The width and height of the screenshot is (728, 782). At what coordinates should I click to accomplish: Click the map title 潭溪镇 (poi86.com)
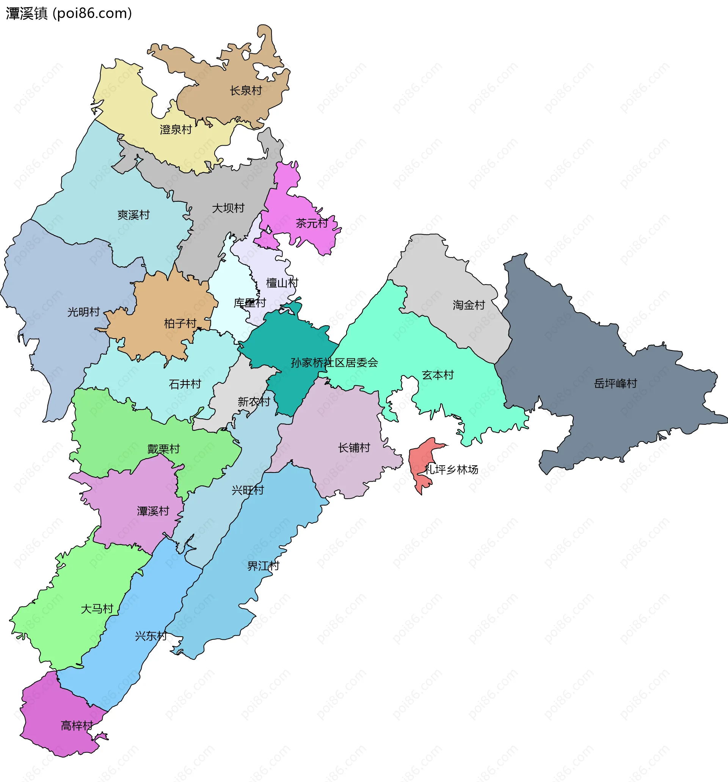(x=69, y=13)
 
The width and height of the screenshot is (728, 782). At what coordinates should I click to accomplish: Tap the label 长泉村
(x=246, y=91)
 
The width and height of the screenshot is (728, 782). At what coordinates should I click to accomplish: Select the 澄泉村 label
(x=176, y=129)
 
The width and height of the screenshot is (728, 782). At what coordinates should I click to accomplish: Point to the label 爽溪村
(x=134, y=215)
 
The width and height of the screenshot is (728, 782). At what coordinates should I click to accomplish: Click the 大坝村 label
(x=228, y=208)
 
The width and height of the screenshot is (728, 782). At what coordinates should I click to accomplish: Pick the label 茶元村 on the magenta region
(x=312, y=223)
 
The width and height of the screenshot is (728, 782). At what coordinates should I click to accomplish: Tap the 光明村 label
(x=83, y=312)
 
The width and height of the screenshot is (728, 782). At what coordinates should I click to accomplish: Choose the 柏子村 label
(x=180, y=323)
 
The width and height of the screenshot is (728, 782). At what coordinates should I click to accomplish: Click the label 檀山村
(x=282, y=283)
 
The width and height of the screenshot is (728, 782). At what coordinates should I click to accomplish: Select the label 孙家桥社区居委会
(x=334, y=363)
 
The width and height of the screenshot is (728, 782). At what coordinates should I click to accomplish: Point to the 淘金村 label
(x=469, y=305)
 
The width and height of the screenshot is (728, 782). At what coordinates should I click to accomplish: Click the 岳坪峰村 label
(x=615, y=383)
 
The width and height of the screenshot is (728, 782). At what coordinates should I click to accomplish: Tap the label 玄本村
(x=438, y=375)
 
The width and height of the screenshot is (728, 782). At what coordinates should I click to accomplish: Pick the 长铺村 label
(x=354, y=448)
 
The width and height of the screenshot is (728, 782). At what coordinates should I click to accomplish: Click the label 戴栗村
(x=164, y=449)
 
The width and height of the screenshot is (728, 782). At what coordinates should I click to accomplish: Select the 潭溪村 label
(x=153, y=511)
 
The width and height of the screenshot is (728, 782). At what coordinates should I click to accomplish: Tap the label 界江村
(x=263, y=566)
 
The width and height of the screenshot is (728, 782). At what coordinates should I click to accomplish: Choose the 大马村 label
(x=97, y=609)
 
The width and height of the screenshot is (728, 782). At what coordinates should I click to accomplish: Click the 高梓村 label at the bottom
(x=77, y=725)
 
